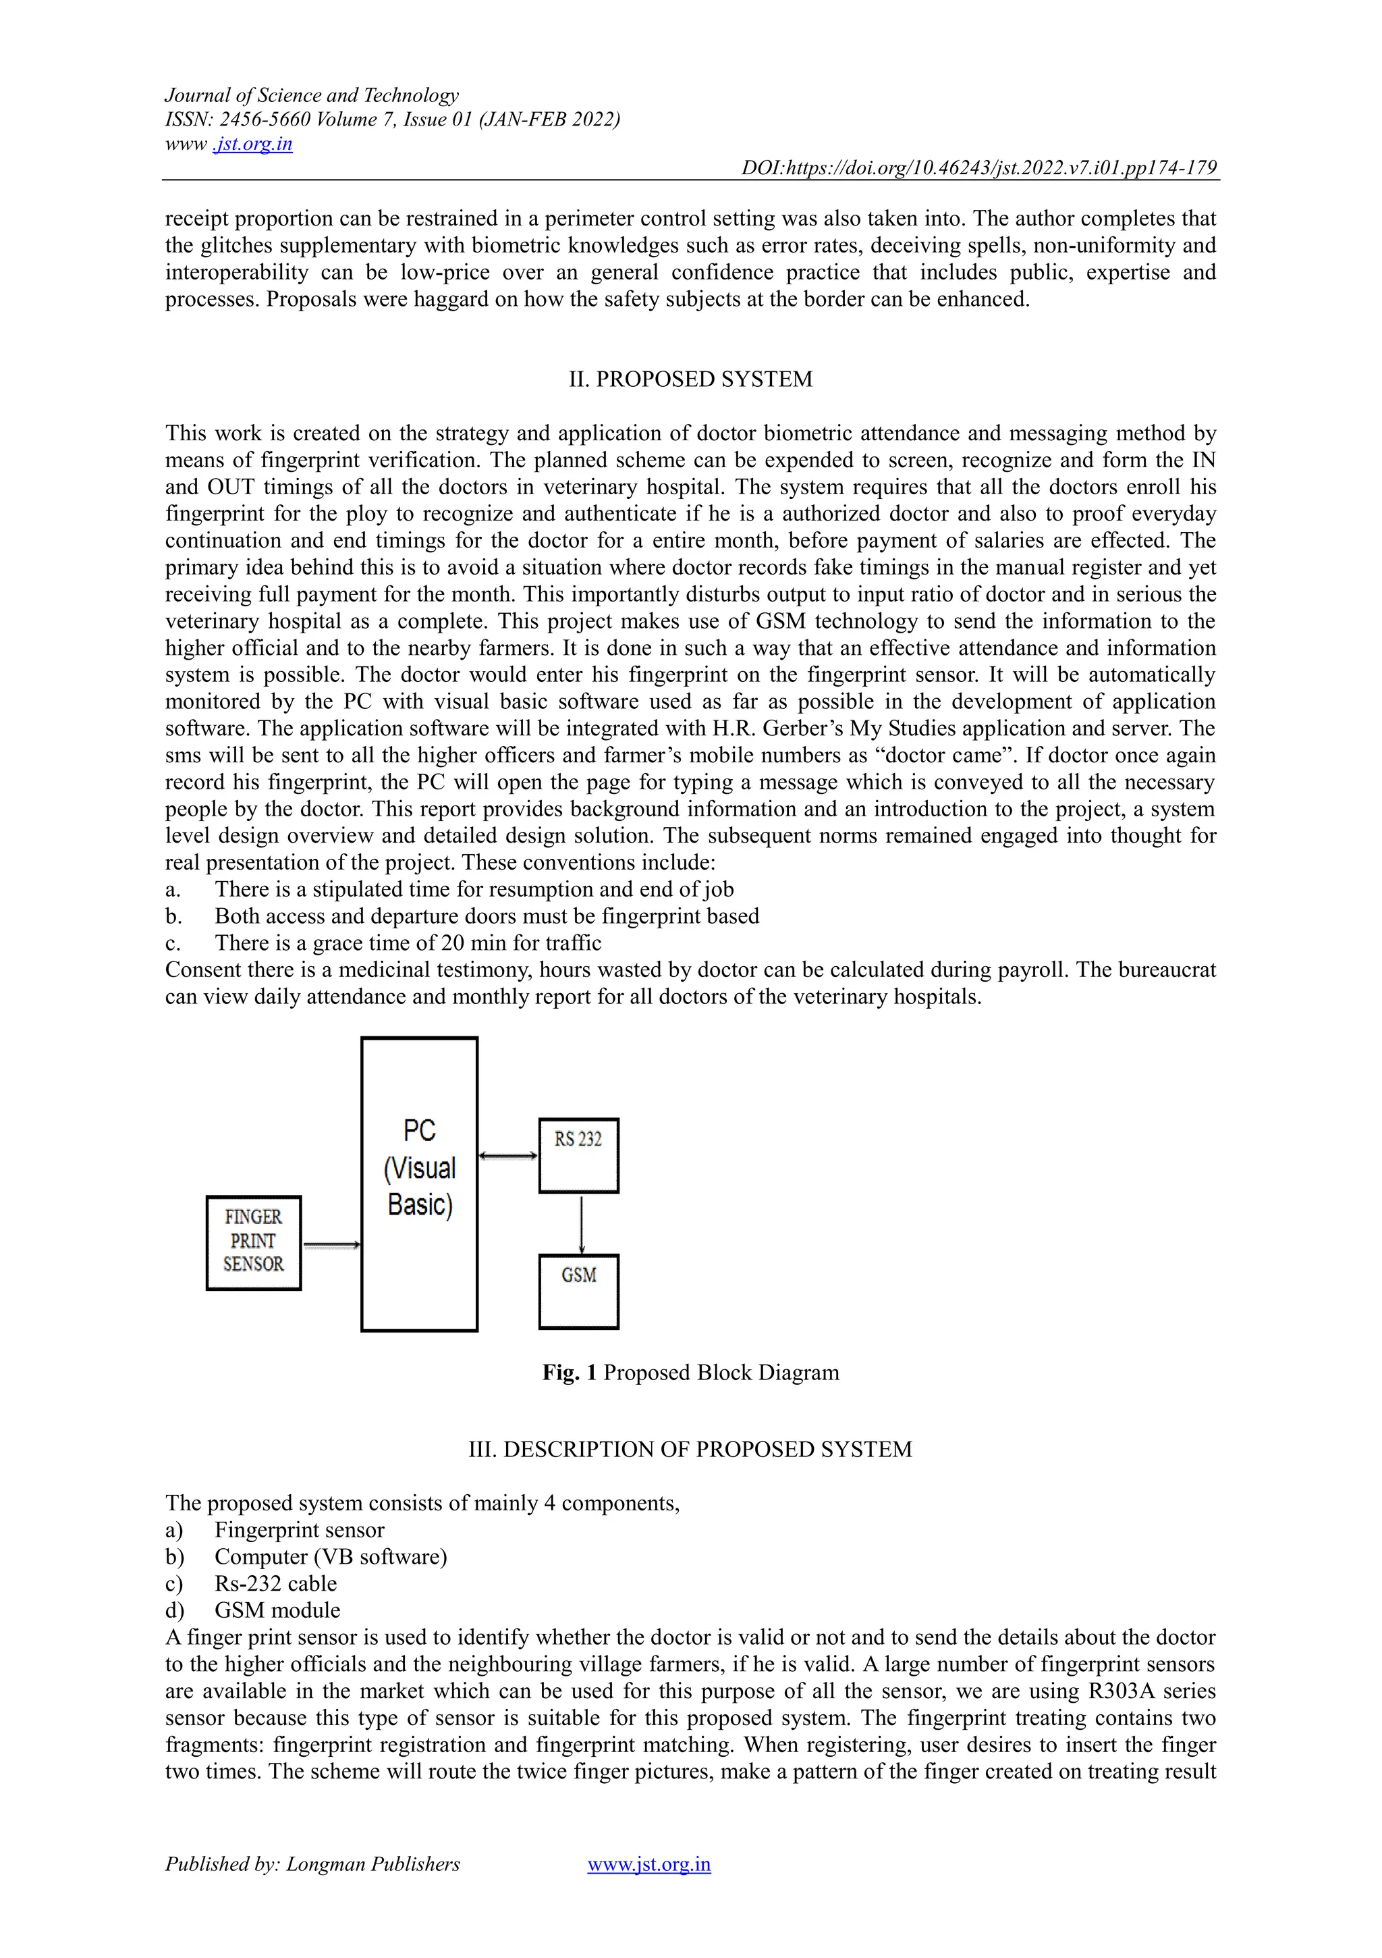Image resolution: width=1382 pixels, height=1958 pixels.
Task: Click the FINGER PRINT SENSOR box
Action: [253, 1242]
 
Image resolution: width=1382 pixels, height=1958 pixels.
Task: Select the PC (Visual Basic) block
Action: [420, 1184]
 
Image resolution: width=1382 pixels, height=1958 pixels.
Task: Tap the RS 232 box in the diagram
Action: [578, 1155]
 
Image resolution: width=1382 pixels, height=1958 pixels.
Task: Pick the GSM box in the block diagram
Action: [578, 1291]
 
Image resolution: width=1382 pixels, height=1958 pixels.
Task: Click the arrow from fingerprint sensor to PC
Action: [331, 1246]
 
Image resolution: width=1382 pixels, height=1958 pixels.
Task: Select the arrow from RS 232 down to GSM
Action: [580, 1223]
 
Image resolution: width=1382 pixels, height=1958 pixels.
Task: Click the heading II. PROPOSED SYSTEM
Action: [690, 379]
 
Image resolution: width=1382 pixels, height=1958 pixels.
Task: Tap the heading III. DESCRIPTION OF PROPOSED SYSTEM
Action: [690, 1450]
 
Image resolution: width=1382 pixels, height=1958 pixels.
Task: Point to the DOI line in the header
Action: [978, 168]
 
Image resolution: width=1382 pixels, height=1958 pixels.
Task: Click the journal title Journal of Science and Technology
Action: [311, 95]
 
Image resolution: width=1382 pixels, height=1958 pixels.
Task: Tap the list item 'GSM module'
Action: [277, 1610]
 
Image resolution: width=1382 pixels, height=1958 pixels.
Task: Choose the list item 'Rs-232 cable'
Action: [275, 1584]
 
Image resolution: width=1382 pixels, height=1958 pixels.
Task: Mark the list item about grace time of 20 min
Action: [408, 943]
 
